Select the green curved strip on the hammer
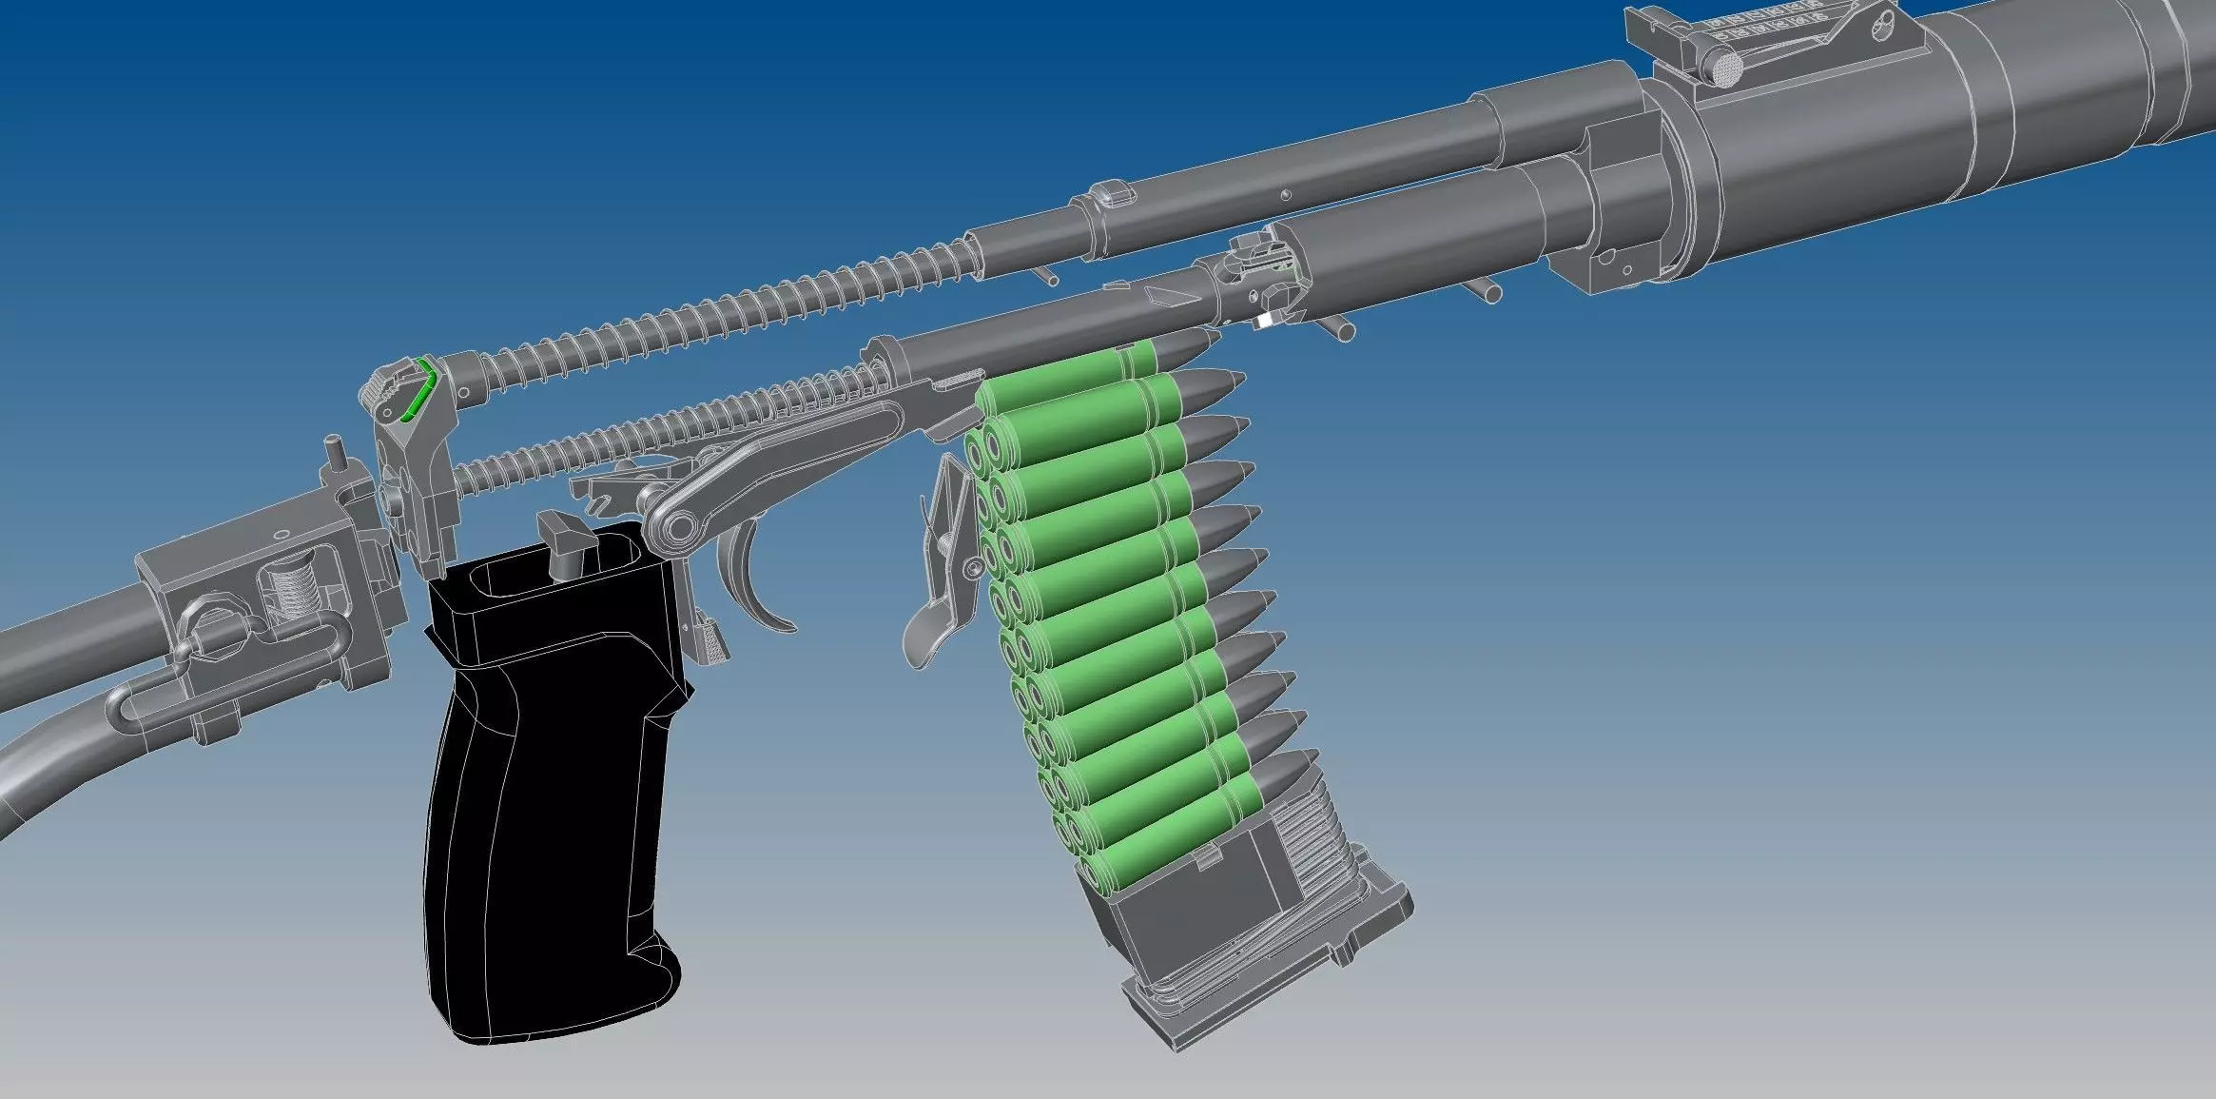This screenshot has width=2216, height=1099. [418, 390]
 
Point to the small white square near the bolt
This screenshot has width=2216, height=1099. [1264, 321]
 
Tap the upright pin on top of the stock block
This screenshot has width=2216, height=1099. [335, 452]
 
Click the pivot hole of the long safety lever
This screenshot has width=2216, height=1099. [675, 526]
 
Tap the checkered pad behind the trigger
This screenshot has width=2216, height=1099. [712, 643]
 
